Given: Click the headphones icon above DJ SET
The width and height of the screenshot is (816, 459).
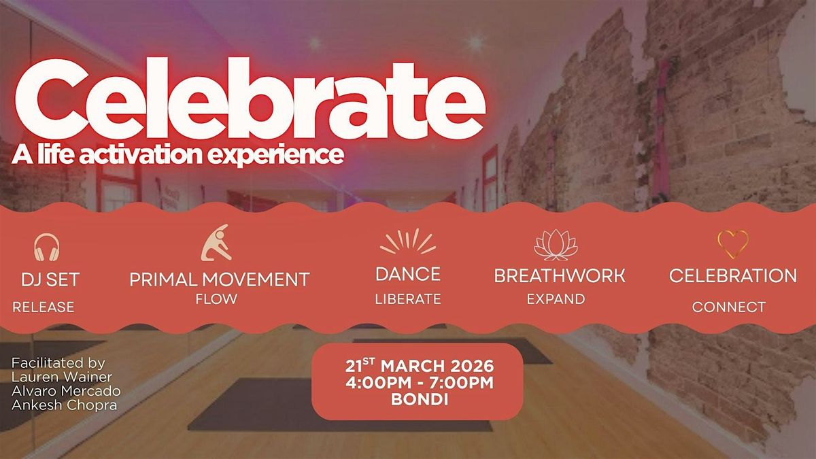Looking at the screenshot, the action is [47, 247].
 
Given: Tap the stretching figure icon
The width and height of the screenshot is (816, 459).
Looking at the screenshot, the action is [216, 243].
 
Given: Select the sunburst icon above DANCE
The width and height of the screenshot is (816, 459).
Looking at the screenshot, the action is [407, 241].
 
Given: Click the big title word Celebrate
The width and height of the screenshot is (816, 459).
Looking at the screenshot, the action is [250, 99].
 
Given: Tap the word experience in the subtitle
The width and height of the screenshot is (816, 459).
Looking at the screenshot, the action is [276, 156].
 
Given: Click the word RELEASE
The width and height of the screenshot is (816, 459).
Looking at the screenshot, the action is [44, 307].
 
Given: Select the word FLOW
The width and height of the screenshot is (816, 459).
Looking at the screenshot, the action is [216, 299].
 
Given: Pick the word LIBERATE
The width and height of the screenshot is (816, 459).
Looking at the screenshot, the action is [408, 299].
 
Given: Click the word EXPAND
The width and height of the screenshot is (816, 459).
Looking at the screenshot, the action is [556, 299].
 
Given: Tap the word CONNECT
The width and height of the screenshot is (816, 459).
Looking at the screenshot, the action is [728, 307].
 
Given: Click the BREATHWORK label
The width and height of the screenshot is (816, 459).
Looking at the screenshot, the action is [560, 276].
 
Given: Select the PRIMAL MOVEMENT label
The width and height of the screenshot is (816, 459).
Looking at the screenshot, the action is [220, 279].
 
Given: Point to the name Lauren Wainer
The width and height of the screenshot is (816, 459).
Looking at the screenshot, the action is [62, 377].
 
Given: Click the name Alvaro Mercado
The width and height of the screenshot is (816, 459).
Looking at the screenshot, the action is [66, 391].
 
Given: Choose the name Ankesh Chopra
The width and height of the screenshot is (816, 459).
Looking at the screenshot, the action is [65, 405].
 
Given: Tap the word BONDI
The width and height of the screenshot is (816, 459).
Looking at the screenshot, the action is [420, 400].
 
